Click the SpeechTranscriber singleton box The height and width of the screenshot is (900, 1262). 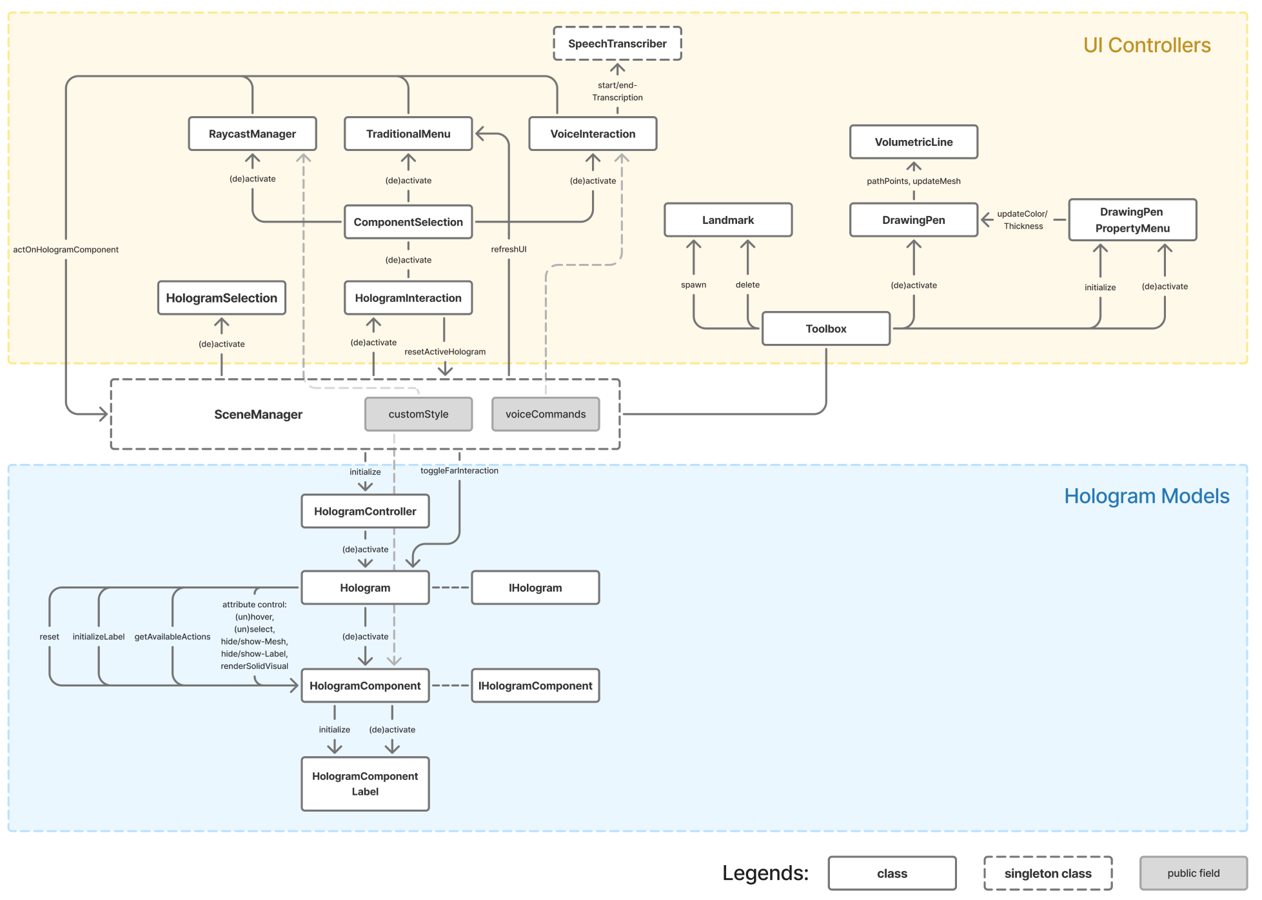617,44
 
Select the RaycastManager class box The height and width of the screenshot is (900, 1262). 252,134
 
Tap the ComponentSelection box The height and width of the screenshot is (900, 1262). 408,222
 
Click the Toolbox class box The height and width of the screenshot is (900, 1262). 826,329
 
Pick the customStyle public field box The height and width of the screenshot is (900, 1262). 419,414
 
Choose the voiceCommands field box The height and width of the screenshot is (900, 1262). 546,414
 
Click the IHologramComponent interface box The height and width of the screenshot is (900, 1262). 535,686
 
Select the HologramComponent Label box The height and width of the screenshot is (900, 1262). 365,784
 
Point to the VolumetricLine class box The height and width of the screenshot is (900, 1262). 913,142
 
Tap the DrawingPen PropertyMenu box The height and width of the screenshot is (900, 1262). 1132,220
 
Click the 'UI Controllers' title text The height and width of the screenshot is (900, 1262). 1147,45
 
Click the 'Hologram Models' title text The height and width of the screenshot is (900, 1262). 1147,496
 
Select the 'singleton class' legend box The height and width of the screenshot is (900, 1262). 1048,874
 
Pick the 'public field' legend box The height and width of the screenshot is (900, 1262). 1193,874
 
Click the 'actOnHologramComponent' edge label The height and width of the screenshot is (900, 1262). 66,250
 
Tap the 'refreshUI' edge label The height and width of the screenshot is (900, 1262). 509,249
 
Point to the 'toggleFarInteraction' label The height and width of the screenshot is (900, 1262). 459,471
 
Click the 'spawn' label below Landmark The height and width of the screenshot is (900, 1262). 693,285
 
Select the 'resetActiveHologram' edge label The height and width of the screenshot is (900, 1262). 445,352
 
